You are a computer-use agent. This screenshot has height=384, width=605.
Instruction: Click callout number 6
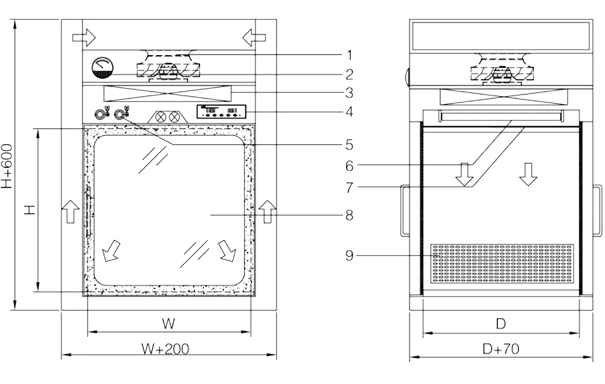(349, 166)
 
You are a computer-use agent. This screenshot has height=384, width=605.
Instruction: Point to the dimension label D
(501, 324)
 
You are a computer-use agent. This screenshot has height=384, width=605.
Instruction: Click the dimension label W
(167, 324)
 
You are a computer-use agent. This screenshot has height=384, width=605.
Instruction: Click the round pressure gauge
(103, 67)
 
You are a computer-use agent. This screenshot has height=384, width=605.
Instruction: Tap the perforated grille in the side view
(502, 264)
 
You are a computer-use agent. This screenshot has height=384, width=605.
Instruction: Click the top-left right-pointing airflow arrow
(84, 38)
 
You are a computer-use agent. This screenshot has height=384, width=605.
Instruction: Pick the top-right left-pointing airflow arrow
(254, 38)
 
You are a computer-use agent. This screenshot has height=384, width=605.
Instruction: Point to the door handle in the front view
(88, 212)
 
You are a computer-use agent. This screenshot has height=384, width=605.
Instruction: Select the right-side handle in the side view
(597, 210)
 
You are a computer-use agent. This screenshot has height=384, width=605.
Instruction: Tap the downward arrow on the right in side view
(528, 174)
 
